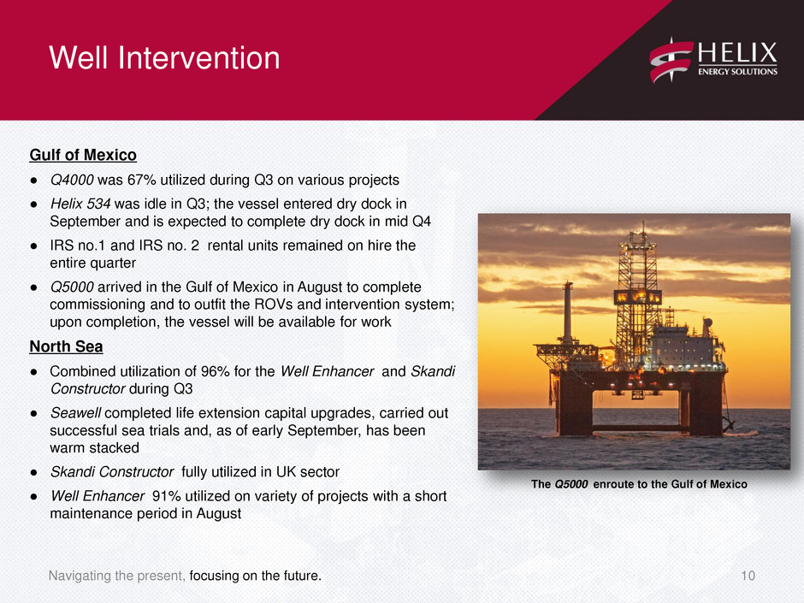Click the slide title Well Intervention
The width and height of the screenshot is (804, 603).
tap(164, 57)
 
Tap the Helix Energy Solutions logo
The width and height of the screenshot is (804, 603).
tap(713, 61)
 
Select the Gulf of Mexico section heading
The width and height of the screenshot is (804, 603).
tap(83, 155)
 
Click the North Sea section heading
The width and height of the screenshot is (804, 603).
tap(66, 346)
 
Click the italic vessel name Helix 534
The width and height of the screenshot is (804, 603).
tap(80, 204)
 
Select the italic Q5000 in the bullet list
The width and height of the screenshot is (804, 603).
tap(72, 287)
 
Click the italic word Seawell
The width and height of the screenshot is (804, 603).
tap(75, 413)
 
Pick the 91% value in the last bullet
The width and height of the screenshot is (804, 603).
tap(167, 496)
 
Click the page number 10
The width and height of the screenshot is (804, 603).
tap(748, 576)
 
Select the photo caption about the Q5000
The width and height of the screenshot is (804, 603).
tap(639, 485)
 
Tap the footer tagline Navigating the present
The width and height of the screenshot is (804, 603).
tap(116, 576)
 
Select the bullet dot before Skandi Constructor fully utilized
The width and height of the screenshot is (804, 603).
tap(34, 472)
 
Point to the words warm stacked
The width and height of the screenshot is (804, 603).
tap(94, 448)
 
